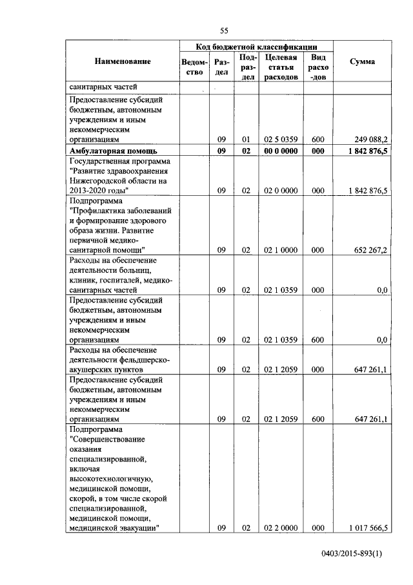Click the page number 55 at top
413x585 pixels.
[x=225, y=30]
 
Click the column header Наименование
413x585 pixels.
[x=123, y=61]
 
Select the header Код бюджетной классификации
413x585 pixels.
[x=256, y=47]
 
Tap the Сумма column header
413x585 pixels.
[x=362, y=61]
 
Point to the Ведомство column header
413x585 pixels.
[x=194, y=67]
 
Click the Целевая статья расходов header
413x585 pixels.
[x=281, y=67]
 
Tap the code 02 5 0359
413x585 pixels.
[x=281, y=139]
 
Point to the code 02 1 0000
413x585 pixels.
[x=281, y=250]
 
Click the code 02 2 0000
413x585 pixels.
[x=281, y=528]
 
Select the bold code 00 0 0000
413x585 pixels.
[x=281, y=151]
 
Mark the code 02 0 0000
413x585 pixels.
[x=281, y=191]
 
